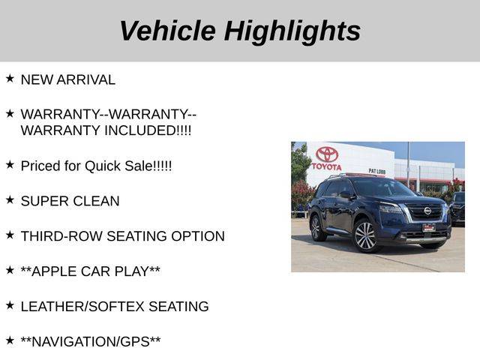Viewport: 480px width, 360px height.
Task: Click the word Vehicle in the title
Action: pos(168,30)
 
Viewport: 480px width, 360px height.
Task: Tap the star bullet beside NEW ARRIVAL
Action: pos(10,78)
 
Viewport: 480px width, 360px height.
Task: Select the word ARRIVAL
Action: pos(85,80)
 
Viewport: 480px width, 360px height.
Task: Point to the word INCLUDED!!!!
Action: pos(148,130)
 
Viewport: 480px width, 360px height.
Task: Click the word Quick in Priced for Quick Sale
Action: pos(103,166)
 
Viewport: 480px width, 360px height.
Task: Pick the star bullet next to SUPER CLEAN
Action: pos(10,199)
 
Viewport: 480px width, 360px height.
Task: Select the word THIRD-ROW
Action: pos(61,236)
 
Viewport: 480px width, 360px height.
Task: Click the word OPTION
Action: pos(198,236)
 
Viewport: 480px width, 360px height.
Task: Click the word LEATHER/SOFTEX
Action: pos(82,307)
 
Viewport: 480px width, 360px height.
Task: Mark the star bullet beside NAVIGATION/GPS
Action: pos(10,340)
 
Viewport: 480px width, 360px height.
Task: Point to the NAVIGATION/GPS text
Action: pos(91,342)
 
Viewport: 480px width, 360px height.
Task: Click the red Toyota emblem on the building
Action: pos(327,154)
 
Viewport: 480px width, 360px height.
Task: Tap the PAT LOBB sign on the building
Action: pos(376,171)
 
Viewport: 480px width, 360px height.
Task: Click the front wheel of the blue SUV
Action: pos(365,236)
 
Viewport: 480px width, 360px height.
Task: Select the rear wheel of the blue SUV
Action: pos(316,228)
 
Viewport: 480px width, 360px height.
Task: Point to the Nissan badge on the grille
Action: pos(427,211)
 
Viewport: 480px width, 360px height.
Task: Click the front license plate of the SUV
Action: pos(428,228)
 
